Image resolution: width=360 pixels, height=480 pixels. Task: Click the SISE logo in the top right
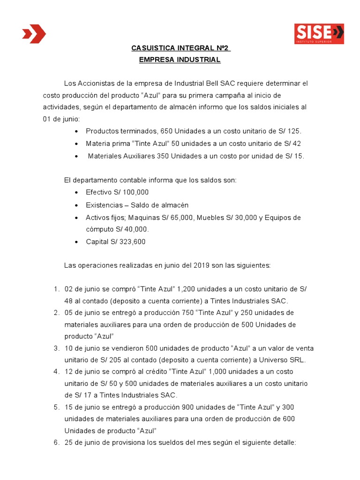click(x=319, y=34)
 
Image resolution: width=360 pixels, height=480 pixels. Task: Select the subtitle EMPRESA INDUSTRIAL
click(x=180, y=60)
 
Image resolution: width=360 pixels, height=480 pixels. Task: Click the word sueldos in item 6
click(x=149, y=442)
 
